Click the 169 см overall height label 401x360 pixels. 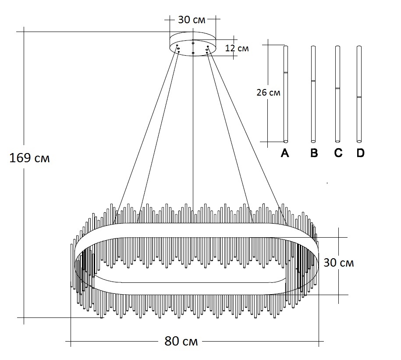click(x=29, y=158)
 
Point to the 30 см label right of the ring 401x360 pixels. click(x=338, y=263)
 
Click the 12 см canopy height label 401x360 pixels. click(x=237, y=48)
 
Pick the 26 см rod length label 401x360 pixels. click(x=268, y=93)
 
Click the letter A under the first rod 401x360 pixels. click(x=285, y=153)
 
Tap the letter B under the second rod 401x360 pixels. click(x=313, y=153)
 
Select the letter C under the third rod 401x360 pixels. click(x=337, y=153)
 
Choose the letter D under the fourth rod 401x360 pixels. click(x=360, y=153)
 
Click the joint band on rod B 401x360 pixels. click(x=313, y=81)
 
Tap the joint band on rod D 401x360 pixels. click(x=359, y=97)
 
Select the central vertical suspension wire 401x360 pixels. click(x=193, y=132)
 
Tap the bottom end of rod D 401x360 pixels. click(x=359, y=141)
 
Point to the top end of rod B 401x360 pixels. click(x=313, y=46)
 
